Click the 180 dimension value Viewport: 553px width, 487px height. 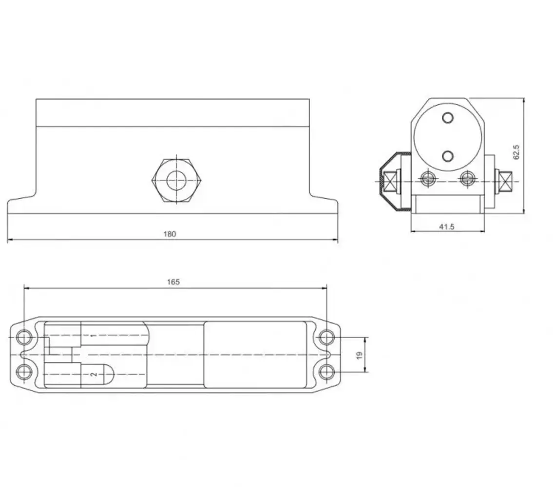point(170,234)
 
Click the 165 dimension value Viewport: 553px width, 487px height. point(173,282)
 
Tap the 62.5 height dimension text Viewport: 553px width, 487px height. point(516,151)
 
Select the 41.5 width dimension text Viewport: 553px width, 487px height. point(446,227)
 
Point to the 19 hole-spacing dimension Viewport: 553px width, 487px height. point(360,355)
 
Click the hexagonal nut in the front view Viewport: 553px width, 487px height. point(176,181)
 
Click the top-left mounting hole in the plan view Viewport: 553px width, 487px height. point(24,337)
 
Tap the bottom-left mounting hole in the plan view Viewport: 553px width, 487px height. point(24,372)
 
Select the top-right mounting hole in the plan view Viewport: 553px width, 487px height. point(326,337)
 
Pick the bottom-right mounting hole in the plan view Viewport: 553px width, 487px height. point(326,372)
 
